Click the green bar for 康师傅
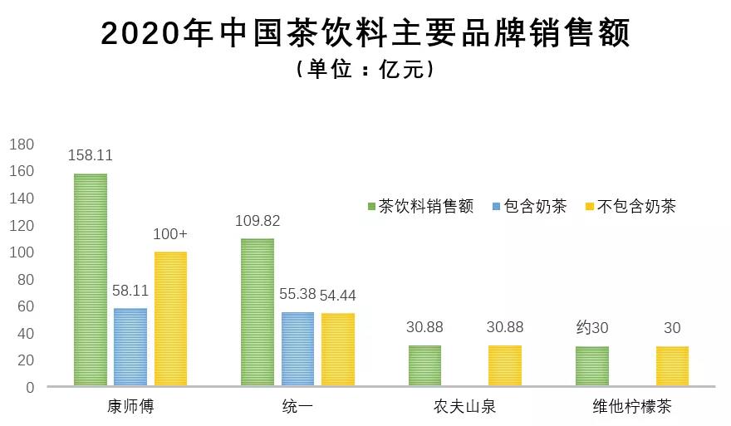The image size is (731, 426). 91,280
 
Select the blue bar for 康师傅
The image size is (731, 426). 130,347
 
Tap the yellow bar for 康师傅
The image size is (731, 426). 170,319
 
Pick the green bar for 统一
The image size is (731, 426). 258,312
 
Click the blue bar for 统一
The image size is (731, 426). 297,349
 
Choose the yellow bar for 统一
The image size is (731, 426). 337,350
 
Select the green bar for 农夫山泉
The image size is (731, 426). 424,366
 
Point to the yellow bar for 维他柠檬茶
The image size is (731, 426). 672,366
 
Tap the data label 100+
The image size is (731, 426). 170,234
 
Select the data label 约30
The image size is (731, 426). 591,328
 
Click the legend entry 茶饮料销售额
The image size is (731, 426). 420,207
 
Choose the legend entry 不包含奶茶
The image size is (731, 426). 630,207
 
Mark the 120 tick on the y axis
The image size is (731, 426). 22,225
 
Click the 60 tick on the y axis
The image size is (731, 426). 26,306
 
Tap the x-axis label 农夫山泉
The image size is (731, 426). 465,408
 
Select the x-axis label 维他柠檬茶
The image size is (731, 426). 632,408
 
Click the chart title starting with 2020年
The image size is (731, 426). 365,34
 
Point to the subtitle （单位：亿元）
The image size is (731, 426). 365,71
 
